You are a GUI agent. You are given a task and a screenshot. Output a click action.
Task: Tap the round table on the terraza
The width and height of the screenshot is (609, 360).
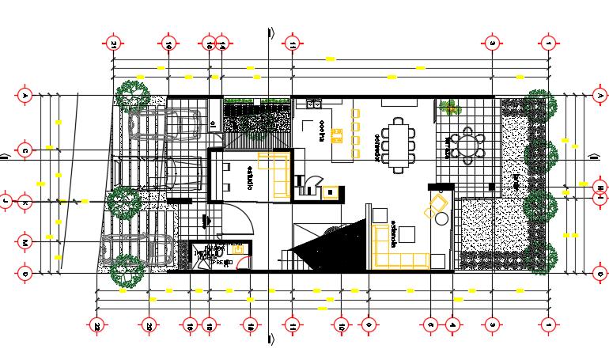coord(472,146)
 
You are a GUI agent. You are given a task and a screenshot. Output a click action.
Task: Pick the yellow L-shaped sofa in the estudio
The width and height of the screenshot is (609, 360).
coord(276,173)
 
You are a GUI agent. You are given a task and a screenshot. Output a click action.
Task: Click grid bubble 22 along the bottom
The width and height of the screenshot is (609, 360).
coord(96,324)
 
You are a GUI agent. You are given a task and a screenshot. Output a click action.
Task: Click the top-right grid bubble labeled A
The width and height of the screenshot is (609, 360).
coord(599,95)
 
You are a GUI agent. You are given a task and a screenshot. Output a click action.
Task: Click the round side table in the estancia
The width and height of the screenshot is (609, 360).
coord(441,218)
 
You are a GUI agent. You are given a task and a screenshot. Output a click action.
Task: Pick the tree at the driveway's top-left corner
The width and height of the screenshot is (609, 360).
coord(131,95)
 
